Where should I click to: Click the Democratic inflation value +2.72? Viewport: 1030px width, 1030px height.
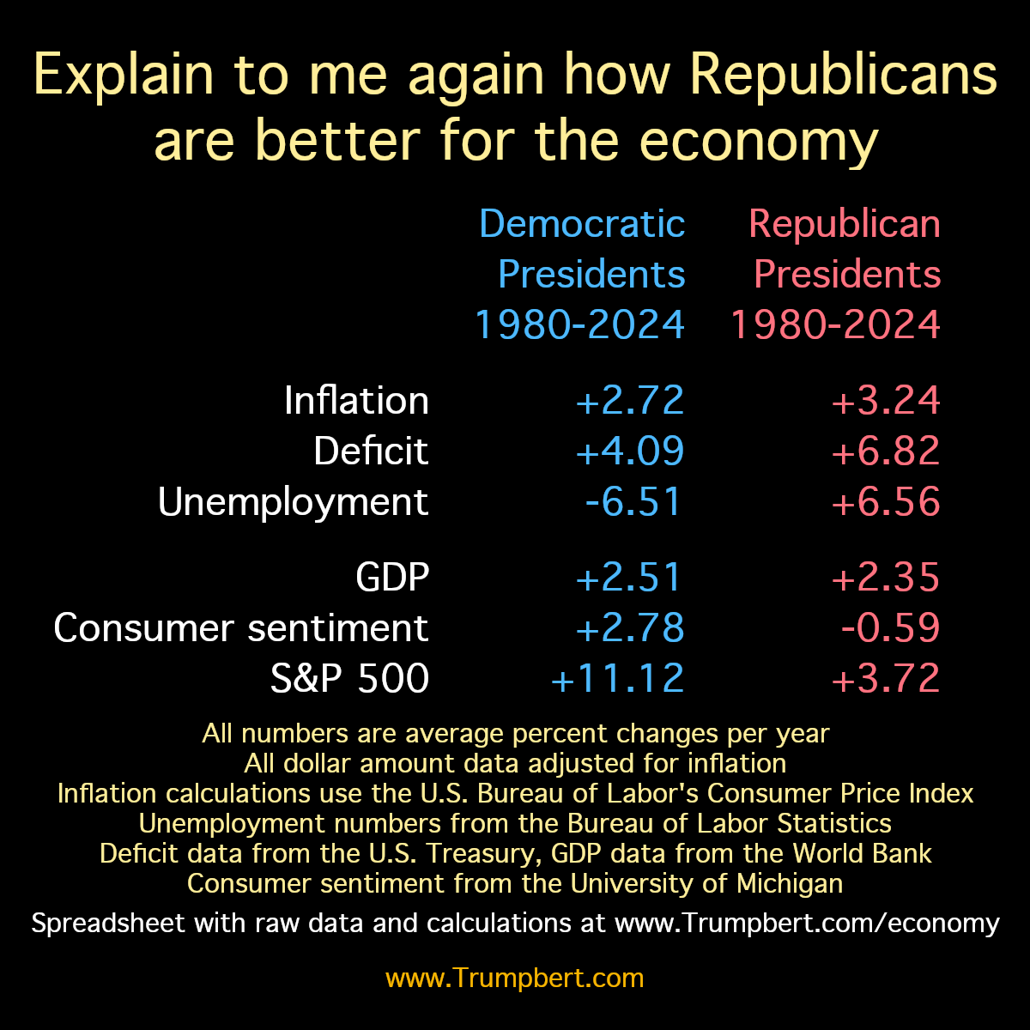631,401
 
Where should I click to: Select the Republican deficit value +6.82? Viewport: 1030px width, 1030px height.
886,451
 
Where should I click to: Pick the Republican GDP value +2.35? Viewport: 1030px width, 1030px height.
886,577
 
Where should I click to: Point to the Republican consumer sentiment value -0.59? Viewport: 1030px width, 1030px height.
891,627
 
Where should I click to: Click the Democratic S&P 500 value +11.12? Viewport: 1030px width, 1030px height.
618,678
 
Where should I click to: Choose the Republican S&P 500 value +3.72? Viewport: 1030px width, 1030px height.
886,678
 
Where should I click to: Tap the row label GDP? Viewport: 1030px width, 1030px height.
392,577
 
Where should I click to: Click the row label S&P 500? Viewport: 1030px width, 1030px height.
349,678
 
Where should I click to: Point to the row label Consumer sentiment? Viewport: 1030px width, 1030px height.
241,627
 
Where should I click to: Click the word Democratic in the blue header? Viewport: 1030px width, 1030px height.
582,224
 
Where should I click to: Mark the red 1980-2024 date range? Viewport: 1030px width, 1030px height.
835,325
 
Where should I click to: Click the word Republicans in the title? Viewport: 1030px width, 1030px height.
844,76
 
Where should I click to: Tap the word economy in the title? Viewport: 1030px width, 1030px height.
759,141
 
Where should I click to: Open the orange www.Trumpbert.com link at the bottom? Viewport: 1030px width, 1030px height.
514,978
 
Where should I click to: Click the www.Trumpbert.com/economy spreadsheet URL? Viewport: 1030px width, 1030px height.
807,923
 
